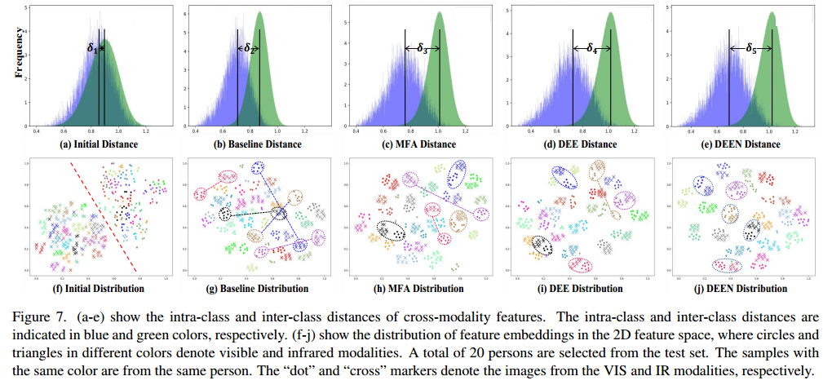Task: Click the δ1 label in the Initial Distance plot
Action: tap(92, 49)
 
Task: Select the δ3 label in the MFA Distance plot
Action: tap(422, 49)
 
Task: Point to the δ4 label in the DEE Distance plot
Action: tap(591, 49)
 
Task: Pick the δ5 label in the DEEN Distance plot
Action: tap(750, 49)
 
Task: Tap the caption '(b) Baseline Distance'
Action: tap(255, 144)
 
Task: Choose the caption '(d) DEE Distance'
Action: tap(581, 144)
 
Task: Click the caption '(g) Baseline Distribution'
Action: tap(255, 288)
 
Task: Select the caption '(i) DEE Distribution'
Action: tap(581, 288)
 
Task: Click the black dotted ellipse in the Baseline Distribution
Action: tap(224, 215)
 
